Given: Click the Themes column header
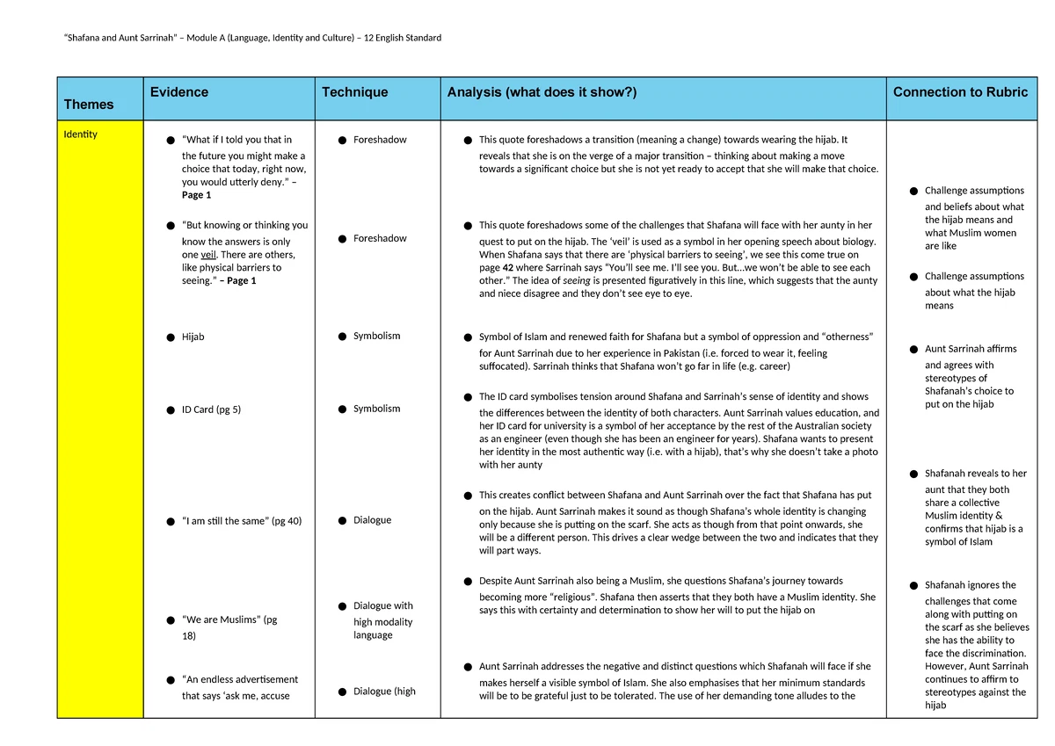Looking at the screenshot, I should pos(89,105).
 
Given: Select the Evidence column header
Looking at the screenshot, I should pos(179,92).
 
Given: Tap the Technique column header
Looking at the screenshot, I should pos(354,92).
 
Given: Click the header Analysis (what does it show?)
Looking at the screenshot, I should pos(542,92).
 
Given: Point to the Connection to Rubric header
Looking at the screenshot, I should pos(960,92).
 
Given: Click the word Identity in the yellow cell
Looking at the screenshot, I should pos(80,134).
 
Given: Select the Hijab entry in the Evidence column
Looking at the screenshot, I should pos(193,337).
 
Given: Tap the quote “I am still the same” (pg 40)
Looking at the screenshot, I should pos(242,521).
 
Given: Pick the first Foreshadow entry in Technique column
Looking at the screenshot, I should pos(380,140).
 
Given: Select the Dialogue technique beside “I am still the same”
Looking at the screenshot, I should pos(372,520).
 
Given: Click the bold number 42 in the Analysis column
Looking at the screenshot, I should pos(508,268).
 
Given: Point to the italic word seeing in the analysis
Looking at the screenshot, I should pos(577,281).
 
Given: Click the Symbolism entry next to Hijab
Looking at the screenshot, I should pos(376,336).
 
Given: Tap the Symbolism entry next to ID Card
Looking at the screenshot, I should pos(376,409).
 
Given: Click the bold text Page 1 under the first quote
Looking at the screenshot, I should pos(196,195).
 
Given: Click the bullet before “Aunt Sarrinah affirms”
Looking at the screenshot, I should pos(915,350).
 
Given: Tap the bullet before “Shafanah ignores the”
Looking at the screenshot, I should pos(915,585).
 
